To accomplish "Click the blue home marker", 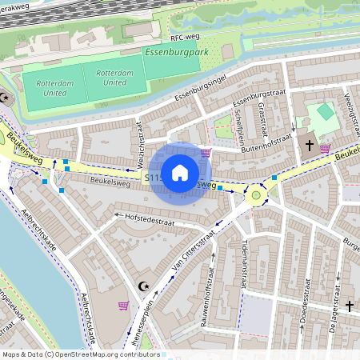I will [180, 173].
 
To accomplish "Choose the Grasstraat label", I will [262, 120].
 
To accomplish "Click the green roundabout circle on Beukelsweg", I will [256, 193].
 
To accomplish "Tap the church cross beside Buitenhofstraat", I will [310, 146].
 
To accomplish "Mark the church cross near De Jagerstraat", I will [349, 305].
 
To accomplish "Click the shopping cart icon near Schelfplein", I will [206, 152].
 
